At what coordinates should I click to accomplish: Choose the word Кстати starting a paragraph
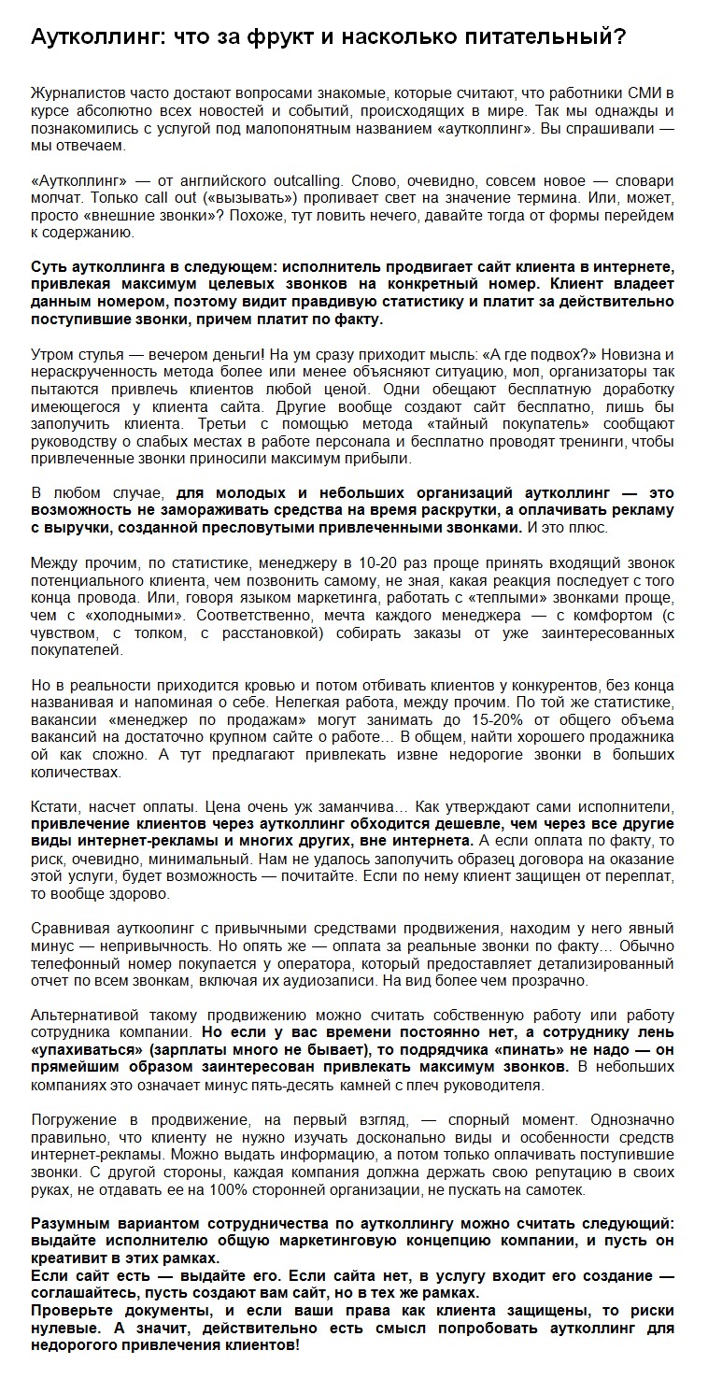coord(55,807)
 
